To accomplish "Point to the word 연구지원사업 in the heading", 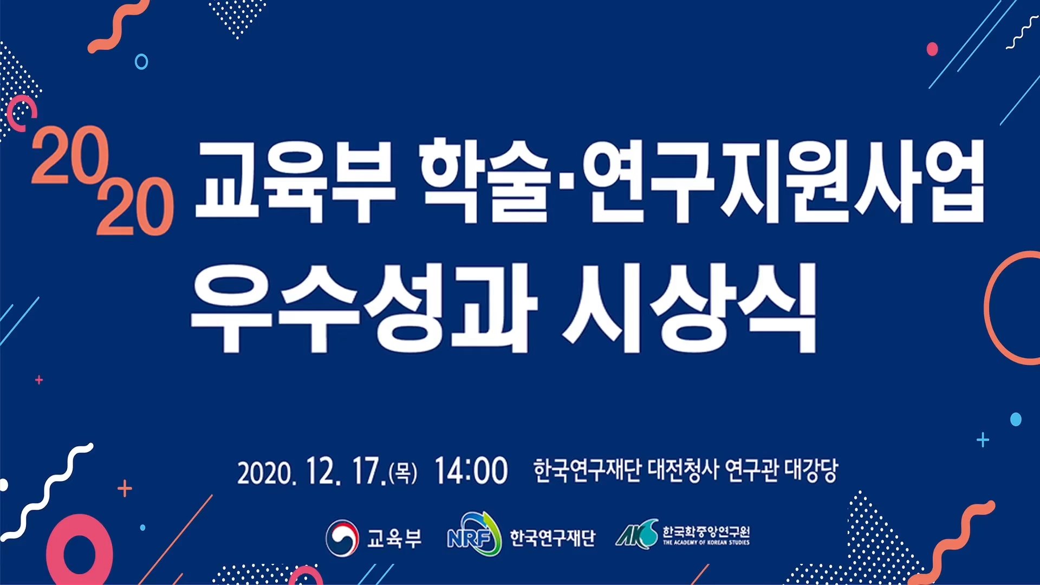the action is pos(785,181).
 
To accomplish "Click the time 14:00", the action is pos(471,470).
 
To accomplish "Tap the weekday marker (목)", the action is pos(403,473).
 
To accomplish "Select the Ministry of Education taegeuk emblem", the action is pos(342,537).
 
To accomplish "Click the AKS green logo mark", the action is pos(637,534).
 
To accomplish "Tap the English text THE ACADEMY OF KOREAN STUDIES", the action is pos(706,542).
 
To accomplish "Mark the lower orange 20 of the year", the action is pos(135,206).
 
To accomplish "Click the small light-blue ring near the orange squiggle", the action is pos(141,61).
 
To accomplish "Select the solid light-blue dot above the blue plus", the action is pos(1016,419).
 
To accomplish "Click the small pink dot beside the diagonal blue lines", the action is pos(932,49).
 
